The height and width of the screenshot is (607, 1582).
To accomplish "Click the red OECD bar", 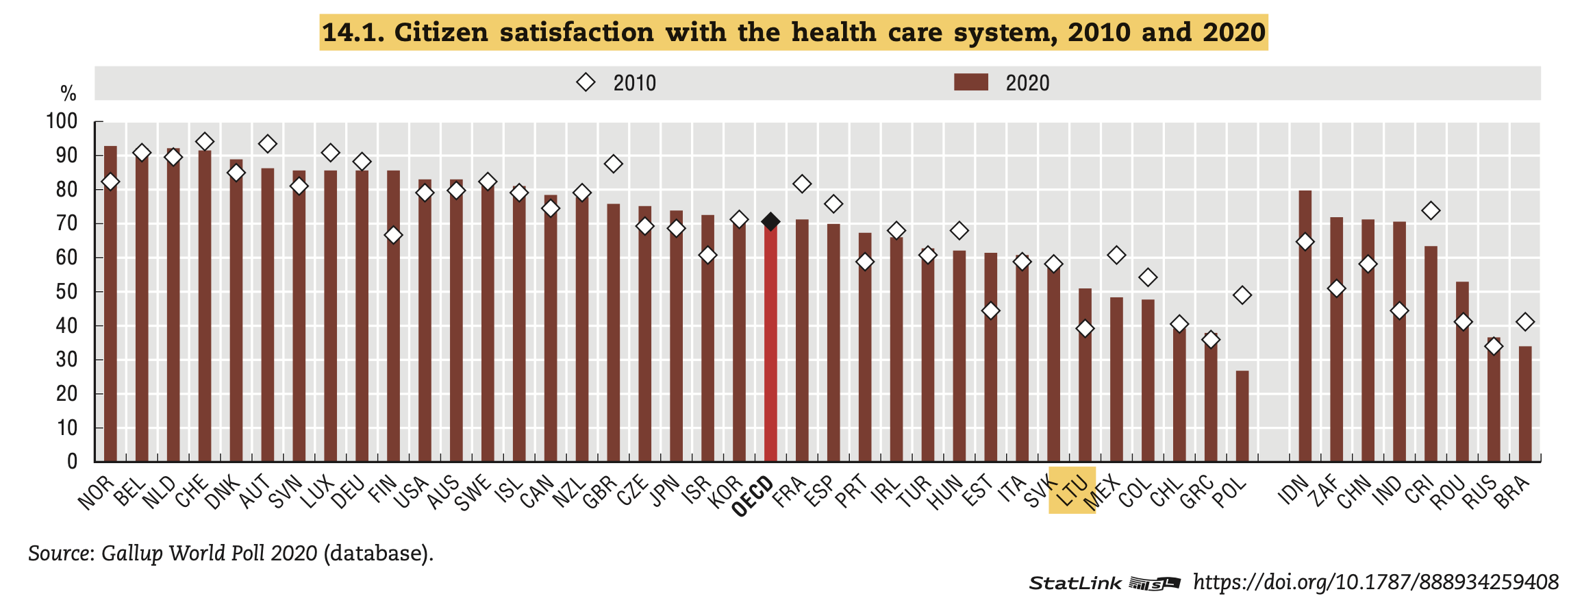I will [x=770, y=343].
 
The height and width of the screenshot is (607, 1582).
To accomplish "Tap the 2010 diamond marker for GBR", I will [x=613, y=164].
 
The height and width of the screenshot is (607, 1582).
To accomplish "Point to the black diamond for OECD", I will [x=770, y=221].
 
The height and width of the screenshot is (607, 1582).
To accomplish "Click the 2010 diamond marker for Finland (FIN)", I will [x=393, y=235].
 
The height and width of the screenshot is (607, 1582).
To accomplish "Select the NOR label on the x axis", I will [x=95, y=493].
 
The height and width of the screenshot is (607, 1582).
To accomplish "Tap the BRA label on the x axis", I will [x=1511, y=493].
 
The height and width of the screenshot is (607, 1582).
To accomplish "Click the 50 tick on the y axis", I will [x=66, y=292].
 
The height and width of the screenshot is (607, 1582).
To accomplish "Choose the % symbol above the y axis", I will [x=68, y=93].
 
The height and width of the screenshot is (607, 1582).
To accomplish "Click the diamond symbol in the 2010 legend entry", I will [x=586, y=83].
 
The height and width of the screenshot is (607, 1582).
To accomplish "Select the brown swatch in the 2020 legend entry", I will [x=970, y=83].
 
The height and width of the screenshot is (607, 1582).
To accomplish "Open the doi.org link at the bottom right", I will [x=1375, y=582].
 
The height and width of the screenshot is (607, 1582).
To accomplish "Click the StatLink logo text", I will [x=1075, y=583].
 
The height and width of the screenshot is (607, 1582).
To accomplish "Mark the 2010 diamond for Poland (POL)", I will [x=1242, y=295].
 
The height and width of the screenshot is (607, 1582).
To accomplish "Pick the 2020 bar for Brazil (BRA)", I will [x=1525, y=404].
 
